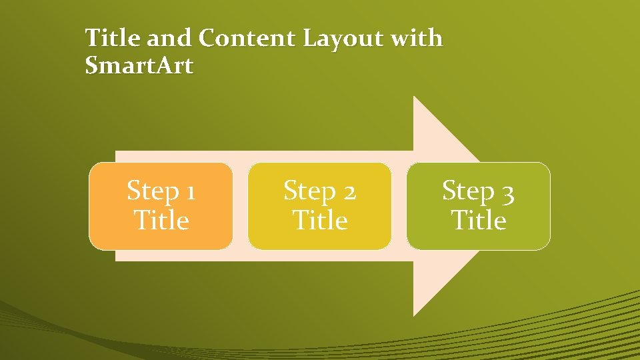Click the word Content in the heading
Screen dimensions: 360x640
point(247,39)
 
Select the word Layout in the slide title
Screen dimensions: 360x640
point(343,39)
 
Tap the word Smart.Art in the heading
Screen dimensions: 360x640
point(139,65)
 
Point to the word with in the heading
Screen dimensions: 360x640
point(417,39)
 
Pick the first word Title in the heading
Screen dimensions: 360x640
point(113,39)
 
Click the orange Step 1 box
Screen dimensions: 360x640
point(161,206)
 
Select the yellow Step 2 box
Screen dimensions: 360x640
point(319,206)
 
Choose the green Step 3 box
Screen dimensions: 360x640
point(479,206)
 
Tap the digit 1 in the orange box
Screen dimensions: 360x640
point(191,193)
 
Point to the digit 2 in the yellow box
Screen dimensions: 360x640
point(349,193)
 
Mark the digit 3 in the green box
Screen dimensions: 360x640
point(508,193)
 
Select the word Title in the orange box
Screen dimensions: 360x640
point(161,220)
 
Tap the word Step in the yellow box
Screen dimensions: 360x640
point(310,192)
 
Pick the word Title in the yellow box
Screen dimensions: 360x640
point(320,220)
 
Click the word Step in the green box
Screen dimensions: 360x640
point(469,192)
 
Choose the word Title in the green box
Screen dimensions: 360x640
point(479,220)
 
